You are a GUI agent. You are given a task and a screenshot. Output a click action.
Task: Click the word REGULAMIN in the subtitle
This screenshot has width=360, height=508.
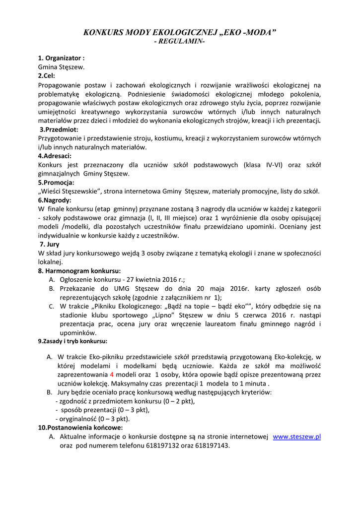click(180, 42)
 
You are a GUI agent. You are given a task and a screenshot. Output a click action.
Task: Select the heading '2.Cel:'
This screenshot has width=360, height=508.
click(47, 76)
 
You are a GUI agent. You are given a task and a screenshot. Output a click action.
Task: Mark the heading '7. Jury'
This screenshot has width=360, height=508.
click(50, 244)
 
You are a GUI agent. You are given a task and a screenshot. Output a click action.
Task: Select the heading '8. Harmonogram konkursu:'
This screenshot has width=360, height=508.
click(79, 271)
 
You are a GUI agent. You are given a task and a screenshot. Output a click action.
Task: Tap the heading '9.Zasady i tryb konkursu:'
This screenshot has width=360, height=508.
click(72, 341)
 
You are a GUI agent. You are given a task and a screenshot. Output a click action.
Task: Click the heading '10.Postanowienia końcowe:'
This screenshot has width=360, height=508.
click(80, 427)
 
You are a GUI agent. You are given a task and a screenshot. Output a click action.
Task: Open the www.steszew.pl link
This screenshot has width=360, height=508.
click(297, 437)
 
